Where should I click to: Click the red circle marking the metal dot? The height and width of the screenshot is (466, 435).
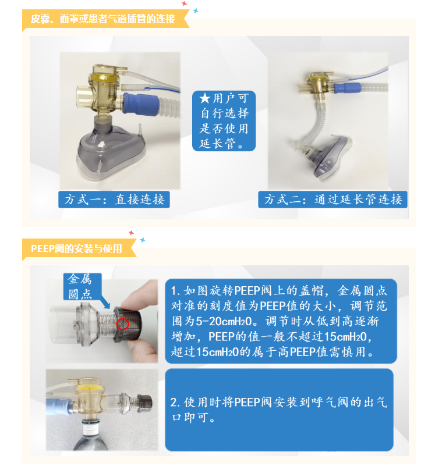pos(122,323)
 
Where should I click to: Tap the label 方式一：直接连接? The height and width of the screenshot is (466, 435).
pos(114,200)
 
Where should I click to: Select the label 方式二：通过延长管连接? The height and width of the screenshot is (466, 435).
pos(333,200)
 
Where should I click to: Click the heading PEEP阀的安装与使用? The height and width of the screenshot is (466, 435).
pos(76,248)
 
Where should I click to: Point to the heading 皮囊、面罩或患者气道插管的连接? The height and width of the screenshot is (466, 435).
pos(103,19)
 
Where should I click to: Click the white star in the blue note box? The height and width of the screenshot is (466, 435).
pos(205,98)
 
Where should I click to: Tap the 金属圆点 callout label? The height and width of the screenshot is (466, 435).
pos(80,286)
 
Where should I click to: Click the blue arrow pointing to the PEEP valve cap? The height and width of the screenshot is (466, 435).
pos(104,303)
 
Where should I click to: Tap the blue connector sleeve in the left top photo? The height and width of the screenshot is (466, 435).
pos(141,104)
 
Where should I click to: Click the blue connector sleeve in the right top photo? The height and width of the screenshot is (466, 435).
pos(347,88)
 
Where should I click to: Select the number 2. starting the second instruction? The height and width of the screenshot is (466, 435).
pos(175,403)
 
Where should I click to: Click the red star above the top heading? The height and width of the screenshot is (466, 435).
pos(184,3)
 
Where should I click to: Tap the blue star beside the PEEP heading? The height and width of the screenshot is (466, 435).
pos(143,240)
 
